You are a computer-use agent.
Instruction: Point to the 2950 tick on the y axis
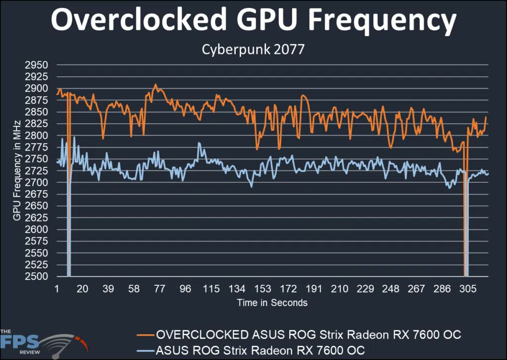point(36,65)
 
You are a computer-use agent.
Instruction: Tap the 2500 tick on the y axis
point(36,276)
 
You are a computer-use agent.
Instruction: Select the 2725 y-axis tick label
point(36,171)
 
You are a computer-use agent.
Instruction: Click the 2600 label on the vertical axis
point(36,229)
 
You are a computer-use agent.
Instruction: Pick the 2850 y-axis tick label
point(36,112)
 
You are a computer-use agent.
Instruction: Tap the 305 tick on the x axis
point(468,289)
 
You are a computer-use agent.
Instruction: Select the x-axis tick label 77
point(159,289)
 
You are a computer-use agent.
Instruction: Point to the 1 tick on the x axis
point(57,289)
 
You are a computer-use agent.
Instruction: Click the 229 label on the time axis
point(365,289)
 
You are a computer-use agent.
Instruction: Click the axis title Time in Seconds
point(272,303)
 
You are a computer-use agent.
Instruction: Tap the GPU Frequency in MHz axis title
point(16,171)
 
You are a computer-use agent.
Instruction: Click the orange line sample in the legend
point(145,335)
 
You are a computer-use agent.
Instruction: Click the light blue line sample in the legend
point(145,350)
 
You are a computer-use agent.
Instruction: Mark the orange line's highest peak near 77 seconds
point(155,85)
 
